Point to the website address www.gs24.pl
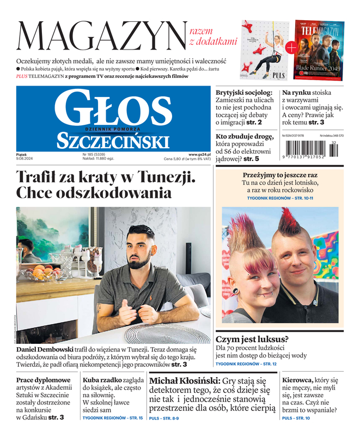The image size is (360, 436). (199, 154)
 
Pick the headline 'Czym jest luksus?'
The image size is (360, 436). (252, 339)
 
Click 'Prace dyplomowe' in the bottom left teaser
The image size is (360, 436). (44, 380)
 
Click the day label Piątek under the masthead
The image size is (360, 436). (22, 154)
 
